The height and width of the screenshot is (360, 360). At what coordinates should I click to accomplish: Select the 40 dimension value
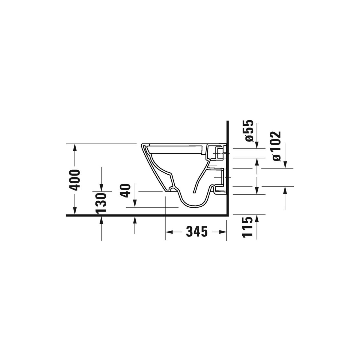(125, 190)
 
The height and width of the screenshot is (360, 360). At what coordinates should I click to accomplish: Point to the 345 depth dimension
(197, 232)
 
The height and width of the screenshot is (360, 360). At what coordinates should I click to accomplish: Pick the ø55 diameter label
(250, 131)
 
